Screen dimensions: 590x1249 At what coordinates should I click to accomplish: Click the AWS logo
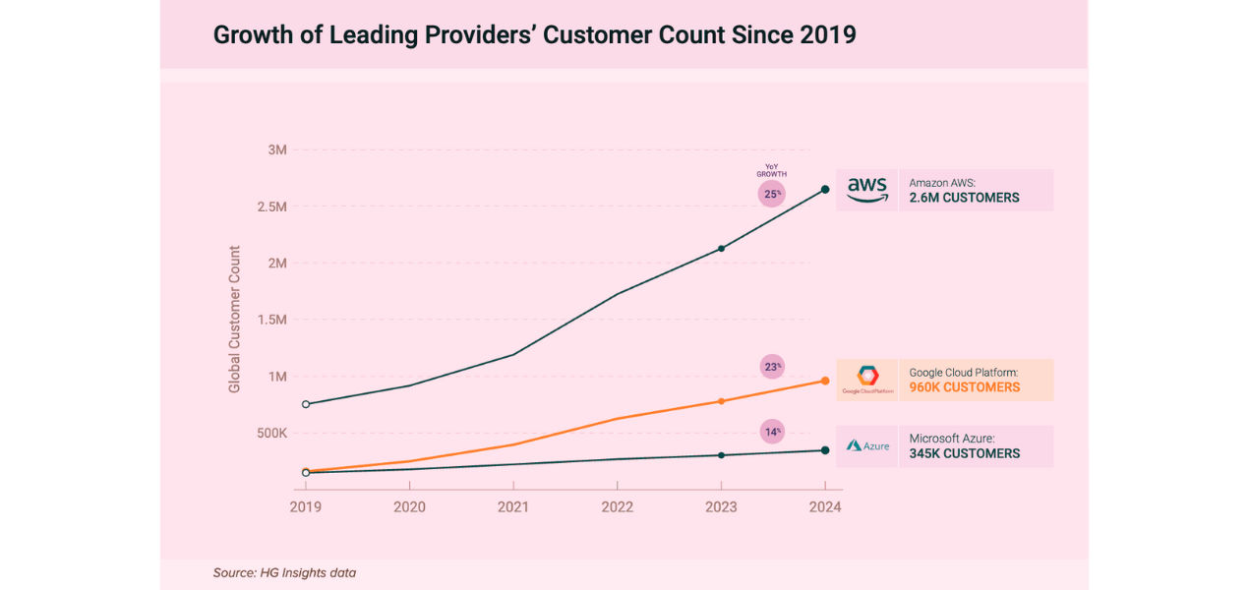(866, 190)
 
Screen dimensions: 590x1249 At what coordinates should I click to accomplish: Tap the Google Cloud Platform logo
(867, 379)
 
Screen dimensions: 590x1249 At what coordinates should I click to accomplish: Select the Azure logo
(867, 445)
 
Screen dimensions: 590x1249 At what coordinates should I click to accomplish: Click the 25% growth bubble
(772, 194)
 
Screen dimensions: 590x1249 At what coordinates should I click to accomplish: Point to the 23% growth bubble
(772, 368)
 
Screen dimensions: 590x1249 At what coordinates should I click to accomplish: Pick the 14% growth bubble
(772, 432)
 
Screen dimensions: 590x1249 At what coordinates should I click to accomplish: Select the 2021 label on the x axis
(512, 507)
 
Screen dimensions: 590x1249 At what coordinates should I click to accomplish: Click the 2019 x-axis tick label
(306, 507)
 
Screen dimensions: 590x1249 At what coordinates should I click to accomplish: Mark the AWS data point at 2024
(825, 189)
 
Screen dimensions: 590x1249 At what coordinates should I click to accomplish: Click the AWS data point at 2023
(721, 248)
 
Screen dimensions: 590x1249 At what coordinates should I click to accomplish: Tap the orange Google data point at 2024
(825, 381)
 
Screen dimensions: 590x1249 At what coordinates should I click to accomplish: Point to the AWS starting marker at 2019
(306, 403)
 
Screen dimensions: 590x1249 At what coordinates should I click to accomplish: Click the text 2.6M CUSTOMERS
(964, 198)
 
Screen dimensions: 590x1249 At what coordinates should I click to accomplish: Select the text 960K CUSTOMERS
(964, 387)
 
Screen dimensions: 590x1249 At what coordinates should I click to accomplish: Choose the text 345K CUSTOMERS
(964, 454)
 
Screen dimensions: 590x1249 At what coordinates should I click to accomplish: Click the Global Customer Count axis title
(234, 320)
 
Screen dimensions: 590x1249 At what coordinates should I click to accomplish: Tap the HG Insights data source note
(284, 572)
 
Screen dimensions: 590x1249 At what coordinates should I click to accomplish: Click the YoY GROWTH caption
(772, 170)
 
